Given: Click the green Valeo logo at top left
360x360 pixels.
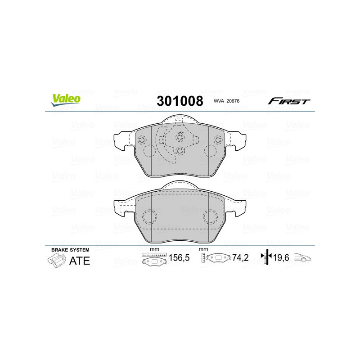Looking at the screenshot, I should pos(66,100).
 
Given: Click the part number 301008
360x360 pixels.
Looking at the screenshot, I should pos(180,100).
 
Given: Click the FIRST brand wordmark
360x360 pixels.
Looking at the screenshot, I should pos(289,101).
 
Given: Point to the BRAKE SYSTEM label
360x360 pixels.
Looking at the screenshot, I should pos(70,250).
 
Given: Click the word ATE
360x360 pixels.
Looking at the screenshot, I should pos(79,261).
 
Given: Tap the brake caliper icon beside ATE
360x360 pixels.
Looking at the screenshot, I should pos(56,261).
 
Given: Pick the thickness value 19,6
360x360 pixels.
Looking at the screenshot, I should pos(282,258).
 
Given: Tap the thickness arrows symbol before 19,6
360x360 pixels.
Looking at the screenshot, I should pos(267,258).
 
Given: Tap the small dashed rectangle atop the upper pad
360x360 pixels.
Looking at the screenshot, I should pos(179,120).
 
